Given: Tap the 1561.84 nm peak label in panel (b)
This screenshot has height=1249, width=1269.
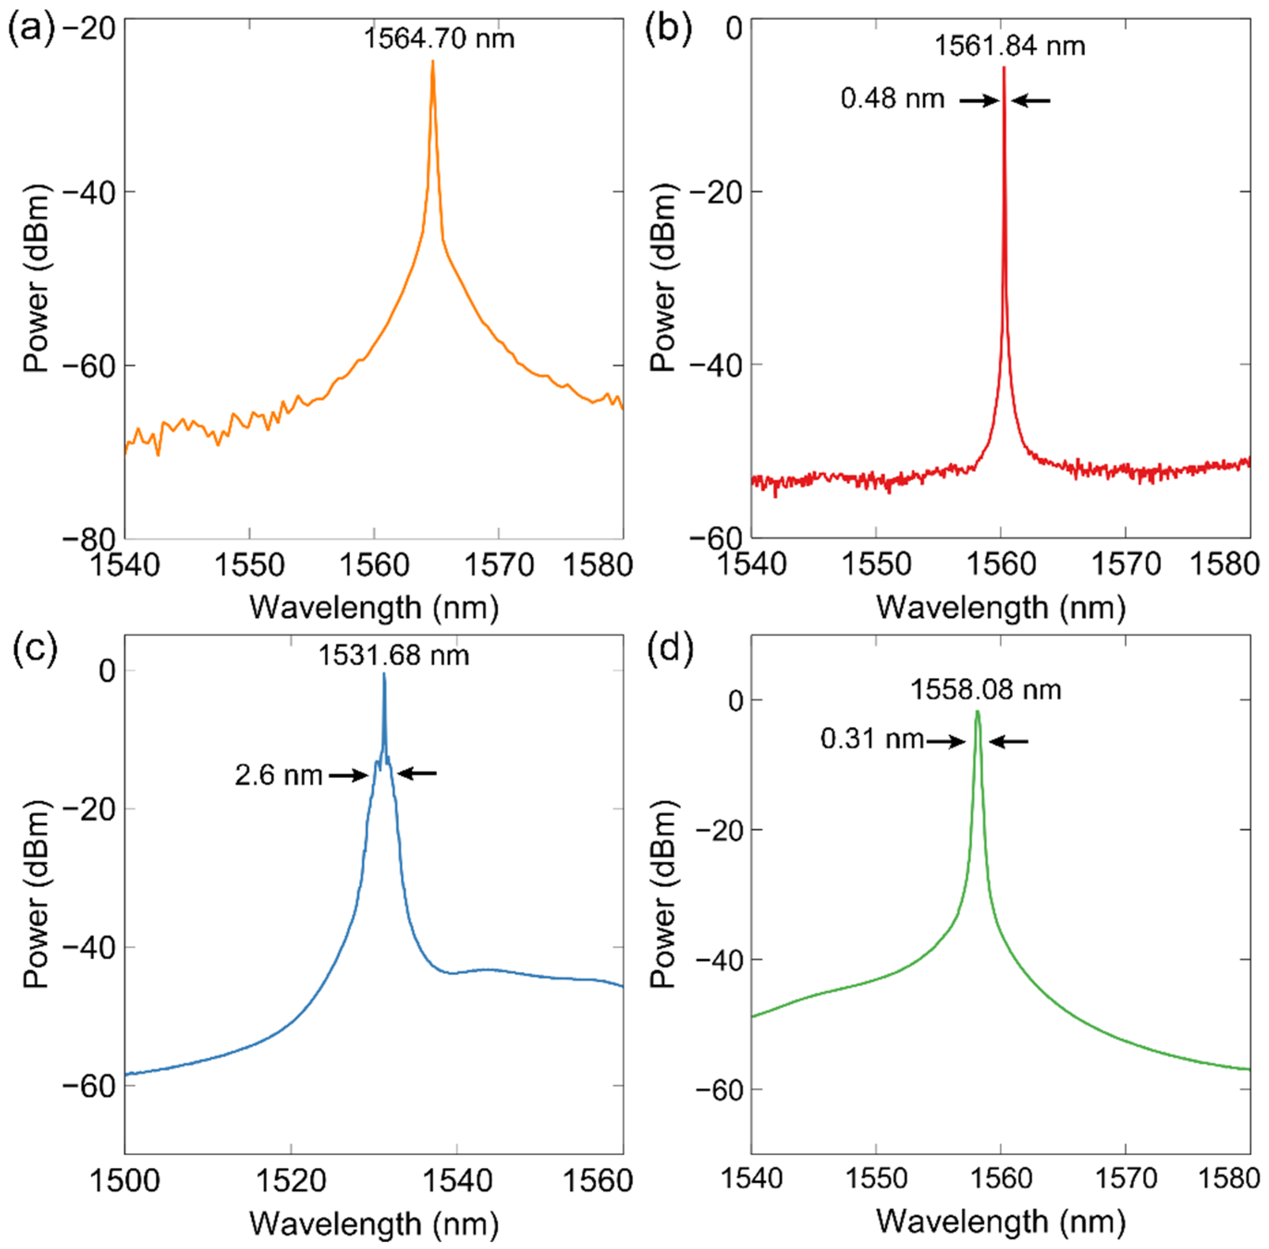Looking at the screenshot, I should (x=1009, y=46).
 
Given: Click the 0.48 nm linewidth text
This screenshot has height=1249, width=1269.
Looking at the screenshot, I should (x=892, y=99).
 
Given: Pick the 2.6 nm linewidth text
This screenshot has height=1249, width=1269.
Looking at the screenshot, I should (x=279, y=775).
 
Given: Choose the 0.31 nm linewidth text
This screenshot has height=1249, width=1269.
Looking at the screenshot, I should (x=872, y=739).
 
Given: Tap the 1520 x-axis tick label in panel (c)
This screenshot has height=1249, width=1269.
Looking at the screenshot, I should (x=291, y=1181).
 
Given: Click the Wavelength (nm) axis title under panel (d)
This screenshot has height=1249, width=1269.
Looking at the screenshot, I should (x=1001, y=1221).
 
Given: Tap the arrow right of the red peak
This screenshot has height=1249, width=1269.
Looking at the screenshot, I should (x=1030, y=100).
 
